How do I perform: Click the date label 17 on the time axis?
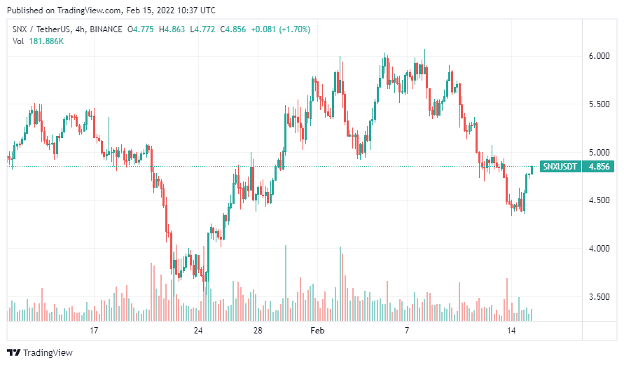click(93, 330)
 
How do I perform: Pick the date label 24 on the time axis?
click(198, 330)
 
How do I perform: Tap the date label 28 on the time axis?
click(258, 330)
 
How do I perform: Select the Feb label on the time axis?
click(317, 330)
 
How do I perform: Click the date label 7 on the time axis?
click(407, 330)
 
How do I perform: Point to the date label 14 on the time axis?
click(512, 330)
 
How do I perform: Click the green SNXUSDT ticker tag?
click(560, 167)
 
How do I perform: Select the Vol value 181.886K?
click(46, 41)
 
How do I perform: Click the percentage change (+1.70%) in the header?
click(291, 29)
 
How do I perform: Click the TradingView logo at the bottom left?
click(40, 352)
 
